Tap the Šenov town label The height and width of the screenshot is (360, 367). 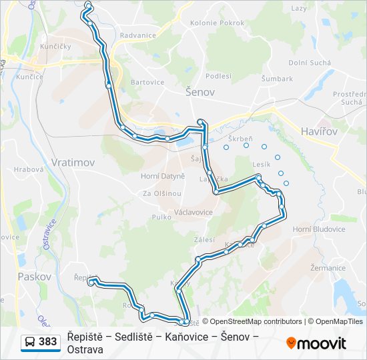click(x=200, y=92)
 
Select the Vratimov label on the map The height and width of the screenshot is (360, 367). click(x=73, y=162)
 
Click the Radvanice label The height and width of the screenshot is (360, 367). click(x=138, y=35)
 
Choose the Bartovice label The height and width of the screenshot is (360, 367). click(x=147, y=82)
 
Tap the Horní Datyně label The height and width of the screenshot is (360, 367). click(x=162, y=176)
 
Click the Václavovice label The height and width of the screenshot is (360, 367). click(x=194, y=212)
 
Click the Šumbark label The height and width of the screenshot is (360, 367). click(x=277, y=78)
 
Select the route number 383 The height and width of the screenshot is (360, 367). click(x=47, y=341)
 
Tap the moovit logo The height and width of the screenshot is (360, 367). click(x=316, y=343)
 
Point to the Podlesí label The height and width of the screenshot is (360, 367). click(x=218, y=76)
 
